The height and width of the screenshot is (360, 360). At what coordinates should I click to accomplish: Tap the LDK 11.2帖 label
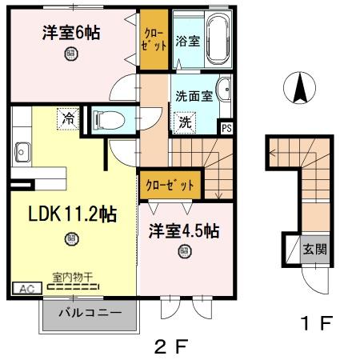(x=73, y=214)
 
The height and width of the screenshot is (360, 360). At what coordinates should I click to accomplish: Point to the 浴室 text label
(x=187, y=40)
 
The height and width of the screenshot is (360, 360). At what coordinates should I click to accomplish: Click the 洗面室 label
(x=194, y=95)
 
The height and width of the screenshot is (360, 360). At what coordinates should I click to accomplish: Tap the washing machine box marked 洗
(x=185, y=122)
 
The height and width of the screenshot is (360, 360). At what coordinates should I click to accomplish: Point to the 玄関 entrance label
(x=313, y=249)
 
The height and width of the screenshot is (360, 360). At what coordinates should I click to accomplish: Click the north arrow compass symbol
(x=301, y=88)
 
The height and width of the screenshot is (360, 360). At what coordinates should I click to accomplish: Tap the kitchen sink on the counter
(x=22, y=150)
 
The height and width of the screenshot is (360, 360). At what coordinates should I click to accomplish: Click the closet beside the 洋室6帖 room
(x=151, y=40)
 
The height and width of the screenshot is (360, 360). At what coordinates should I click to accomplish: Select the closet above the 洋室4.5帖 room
(x=170, y=185)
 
